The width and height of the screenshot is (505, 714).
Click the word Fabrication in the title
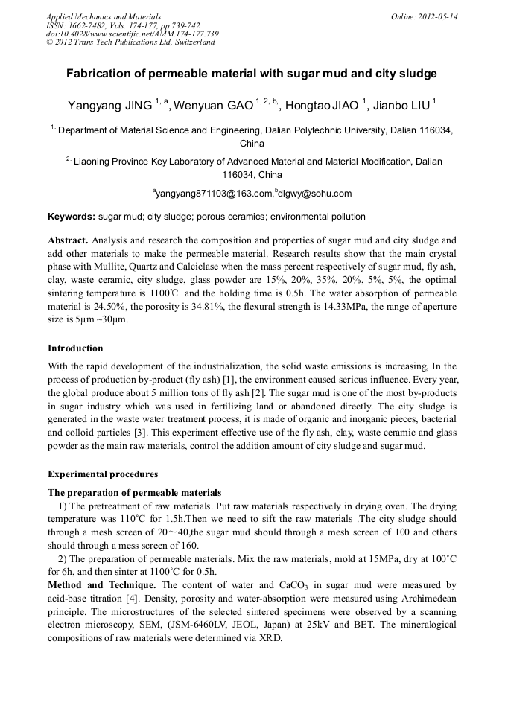tap(101, 74)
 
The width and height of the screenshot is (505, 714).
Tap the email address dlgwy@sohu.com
tap(315, 194)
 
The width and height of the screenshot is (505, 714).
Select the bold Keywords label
tap(72, 217)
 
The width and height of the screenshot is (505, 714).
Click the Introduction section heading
tap(75, 348)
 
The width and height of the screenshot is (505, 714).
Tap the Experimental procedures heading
tap(103, 474)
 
